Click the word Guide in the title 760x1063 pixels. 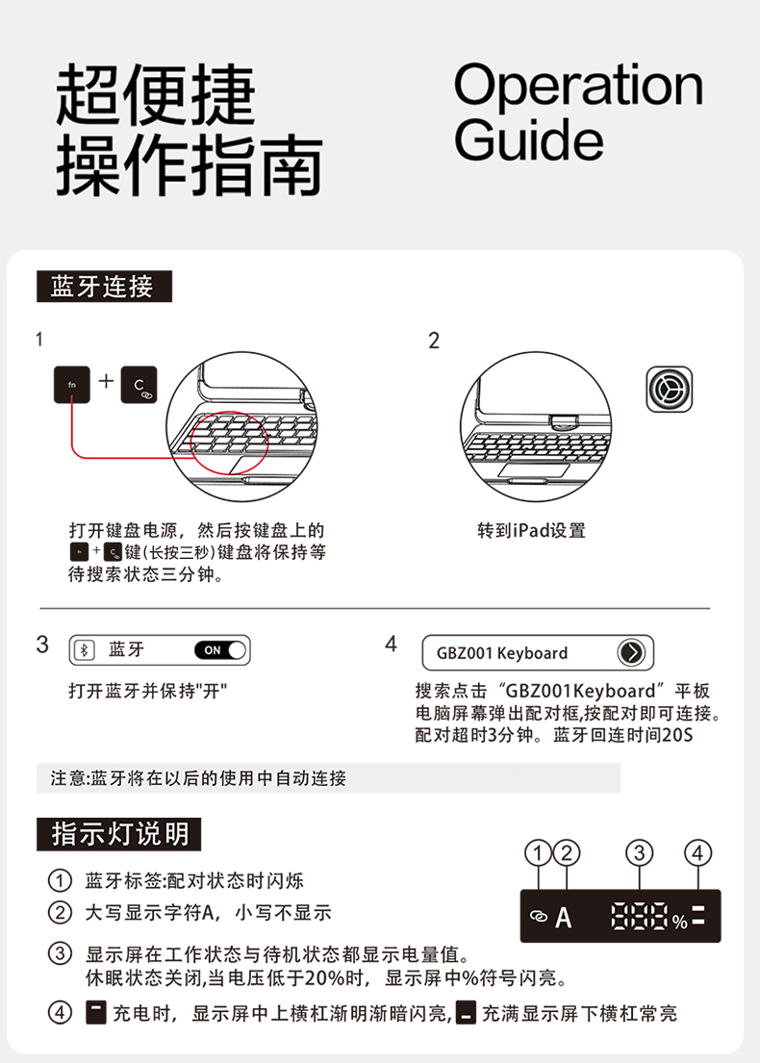[x=528, y=139]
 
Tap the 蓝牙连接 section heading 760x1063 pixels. [x=105, y=286]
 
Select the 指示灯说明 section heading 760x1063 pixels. [x=118, y=834]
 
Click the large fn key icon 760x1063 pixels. [x=72, y=385]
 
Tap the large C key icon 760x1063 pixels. [x=139, y=385]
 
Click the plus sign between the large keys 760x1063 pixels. [x=106, y=381]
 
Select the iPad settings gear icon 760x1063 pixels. [x=670, y=390]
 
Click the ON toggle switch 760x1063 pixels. [x=220, y=650]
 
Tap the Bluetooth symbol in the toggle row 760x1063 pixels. [x=84, y=650]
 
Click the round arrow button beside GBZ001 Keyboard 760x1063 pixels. [x=631, y=653]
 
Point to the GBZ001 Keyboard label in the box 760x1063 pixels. [x=501, y=653]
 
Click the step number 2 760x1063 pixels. [x=434, y=341]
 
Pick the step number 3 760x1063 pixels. [x=42, y=644]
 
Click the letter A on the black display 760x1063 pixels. [x=564, y=918]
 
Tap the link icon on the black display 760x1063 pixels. [x=539, y=917]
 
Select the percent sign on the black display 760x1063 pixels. [x=680, y=922]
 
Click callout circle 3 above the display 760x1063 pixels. [x=640, y=853]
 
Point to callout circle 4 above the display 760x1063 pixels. [x=698, y=853]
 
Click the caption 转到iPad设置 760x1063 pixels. [x=532, y=530]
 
